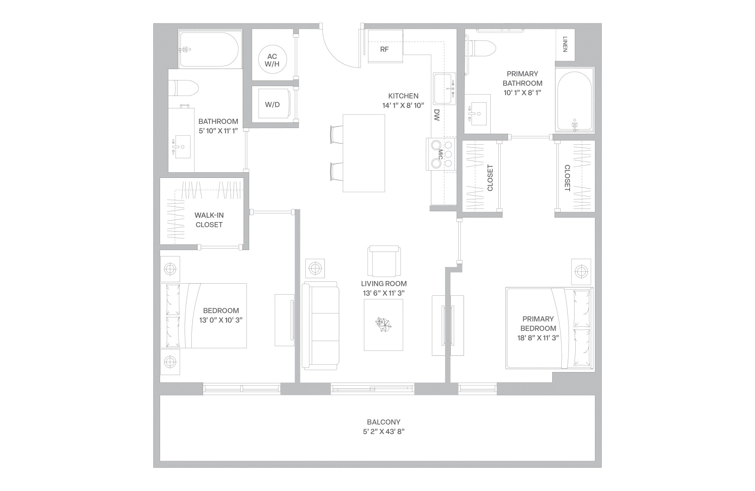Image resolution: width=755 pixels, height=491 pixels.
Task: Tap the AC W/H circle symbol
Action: (x=272, y=60)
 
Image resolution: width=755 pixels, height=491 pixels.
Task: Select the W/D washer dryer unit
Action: (x=272, y=104)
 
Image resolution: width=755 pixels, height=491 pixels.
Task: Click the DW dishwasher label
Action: (x=437, y=115)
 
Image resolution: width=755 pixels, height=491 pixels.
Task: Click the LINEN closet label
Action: (x=565, y=45)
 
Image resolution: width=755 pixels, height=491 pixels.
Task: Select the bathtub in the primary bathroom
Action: (x=574, y=100)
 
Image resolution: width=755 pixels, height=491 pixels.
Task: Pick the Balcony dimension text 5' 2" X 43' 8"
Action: (x=384, y=432)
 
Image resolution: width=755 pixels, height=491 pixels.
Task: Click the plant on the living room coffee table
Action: (x=383, y=324)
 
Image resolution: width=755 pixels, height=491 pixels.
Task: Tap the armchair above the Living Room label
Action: (x=384, y=261)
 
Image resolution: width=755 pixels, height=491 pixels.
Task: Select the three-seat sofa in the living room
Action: (x=320, y=326)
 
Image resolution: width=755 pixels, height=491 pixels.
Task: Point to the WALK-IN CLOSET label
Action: (x=209, y=220)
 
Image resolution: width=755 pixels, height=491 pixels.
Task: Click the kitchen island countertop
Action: (x=364, y=153)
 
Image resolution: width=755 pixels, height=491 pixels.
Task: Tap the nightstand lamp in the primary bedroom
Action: (x=581, y=271)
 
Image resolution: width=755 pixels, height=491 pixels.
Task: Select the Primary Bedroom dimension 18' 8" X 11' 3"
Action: (x=538, y=338)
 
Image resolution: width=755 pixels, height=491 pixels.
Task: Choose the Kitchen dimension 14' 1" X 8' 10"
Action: (x=403, y=105)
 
